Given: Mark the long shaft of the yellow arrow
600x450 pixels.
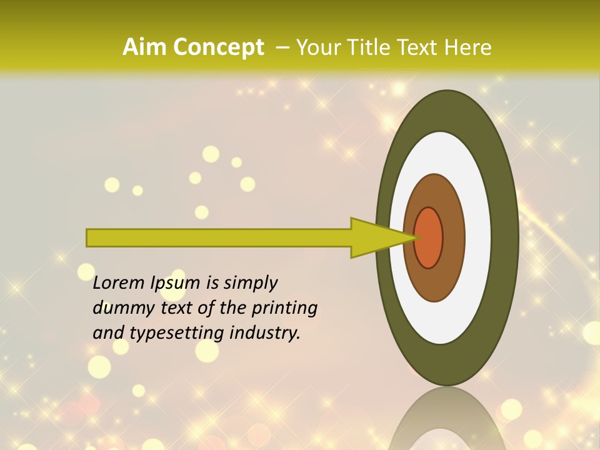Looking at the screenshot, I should click(219, 237).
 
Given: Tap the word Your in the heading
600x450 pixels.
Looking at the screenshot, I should click(316, 47).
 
